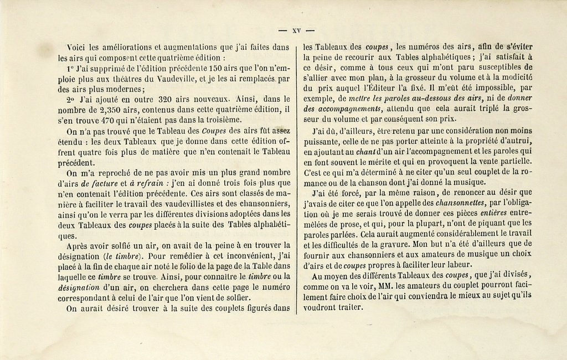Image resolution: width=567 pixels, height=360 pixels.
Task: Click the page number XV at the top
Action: (296, 31)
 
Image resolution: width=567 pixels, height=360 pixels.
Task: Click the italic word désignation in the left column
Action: (78, 288)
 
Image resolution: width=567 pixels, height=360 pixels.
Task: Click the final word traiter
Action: (349, 307)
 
